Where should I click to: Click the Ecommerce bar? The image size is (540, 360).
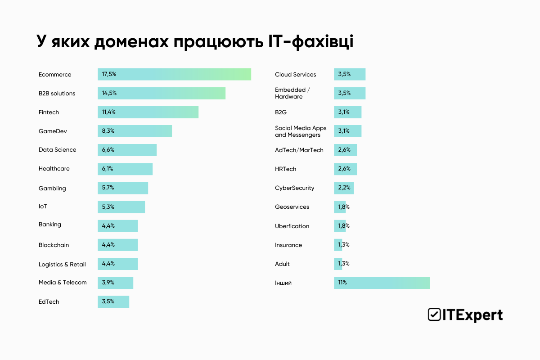174,74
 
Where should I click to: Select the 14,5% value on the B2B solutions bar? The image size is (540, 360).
109,93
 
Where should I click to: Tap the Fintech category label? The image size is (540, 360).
49,112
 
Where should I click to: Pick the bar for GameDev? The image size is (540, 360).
135,131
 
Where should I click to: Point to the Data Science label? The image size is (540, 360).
57,150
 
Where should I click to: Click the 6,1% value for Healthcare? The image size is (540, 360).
108,169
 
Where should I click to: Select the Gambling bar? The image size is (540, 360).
123,188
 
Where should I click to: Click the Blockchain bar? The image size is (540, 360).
117,245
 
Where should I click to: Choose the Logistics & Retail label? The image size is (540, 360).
62,264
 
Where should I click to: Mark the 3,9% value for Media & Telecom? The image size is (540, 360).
108,283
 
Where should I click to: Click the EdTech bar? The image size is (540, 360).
113,301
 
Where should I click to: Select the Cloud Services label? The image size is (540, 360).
295,74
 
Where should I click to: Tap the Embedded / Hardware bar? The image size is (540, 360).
350,93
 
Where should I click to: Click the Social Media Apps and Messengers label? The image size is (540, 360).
301,131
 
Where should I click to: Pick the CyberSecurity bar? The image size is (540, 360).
344,188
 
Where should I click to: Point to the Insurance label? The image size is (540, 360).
288,245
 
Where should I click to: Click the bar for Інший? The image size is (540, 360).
382,283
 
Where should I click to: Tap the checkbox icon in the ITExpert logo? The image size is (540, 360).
434,315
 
